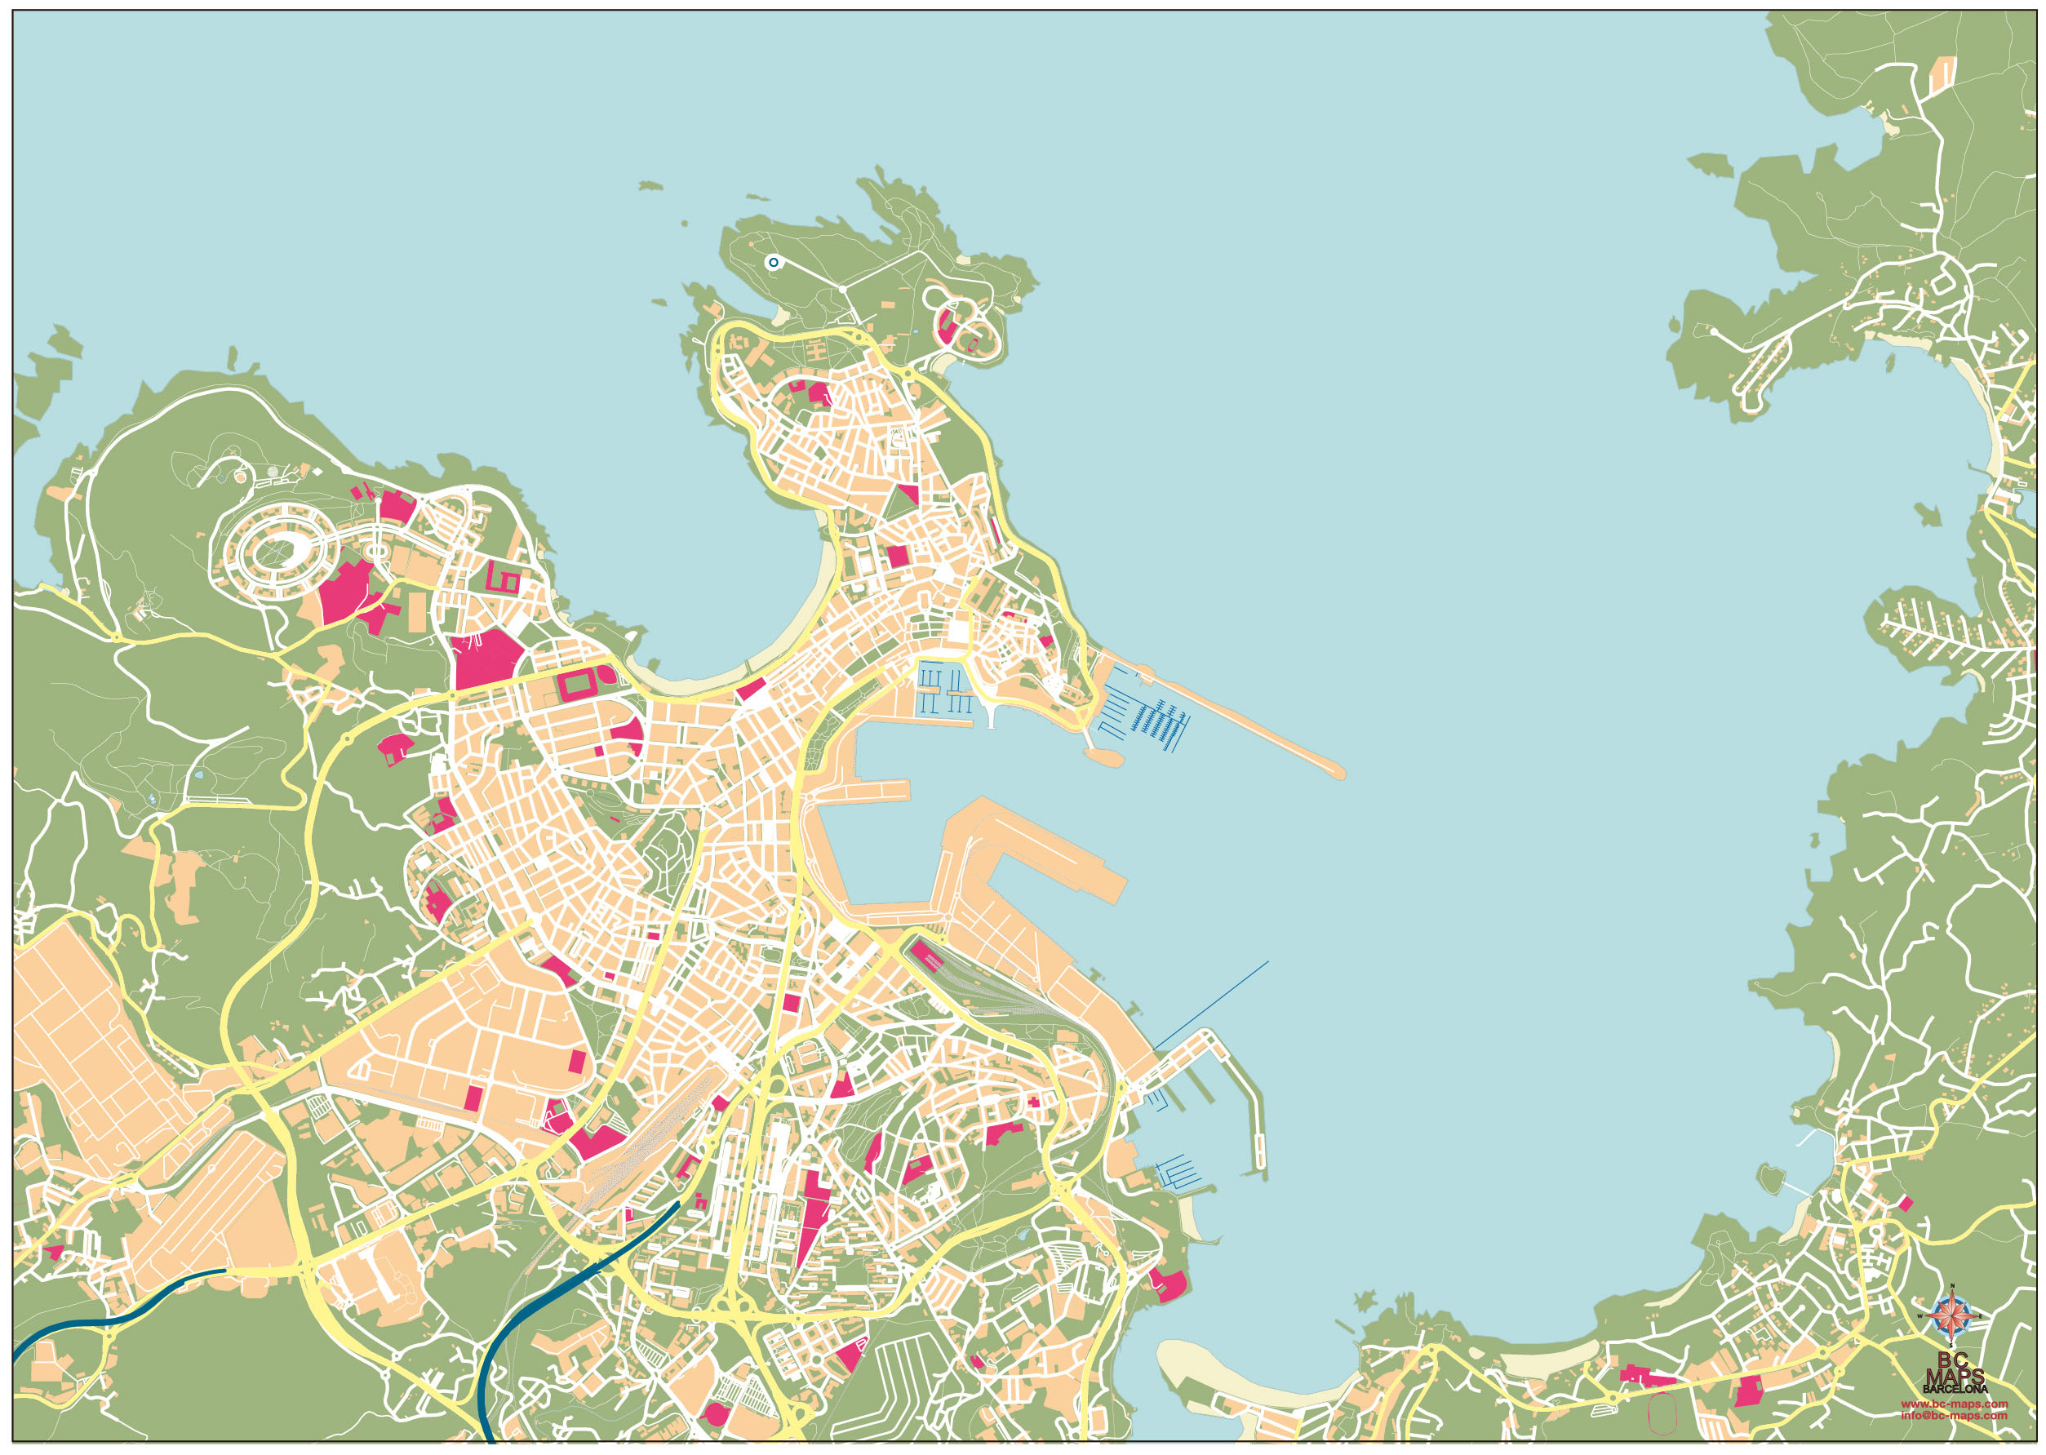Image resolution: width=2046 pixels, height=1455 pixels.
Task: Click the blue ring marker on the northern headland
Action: (773, 263)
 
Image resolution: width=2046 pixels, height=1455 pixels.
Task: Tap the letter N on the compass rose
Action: (1951, 1288)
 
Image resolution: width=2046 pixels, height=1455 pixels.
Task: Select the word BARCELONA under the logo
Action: (1955, 1390)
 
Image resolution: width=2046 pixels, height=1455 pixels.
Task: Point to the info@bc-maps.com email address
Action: (1954, 1416)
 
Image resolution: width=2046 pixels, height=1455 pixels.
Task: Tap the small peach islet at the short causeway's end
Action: (1103, 756)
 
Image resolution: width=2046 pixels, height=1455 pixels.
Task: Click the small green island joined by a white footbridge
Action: (1770, 1178)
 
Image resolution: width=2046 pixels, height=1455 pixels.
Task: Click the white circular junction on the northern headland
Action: (842, 290)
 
